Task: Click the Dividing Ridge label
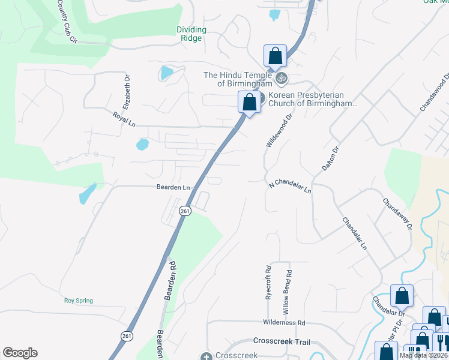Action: (191, 34)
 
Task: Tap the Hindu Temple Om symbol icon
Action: (281, 77)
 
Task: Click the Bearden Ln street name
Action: (174, 187)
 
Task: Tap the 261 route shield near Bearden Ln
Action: (185, 211)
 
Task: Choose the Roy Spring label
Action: (79, 301)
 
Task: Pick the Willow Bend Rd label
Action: (288, 292)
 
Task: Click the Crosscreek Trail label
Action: (281, 340)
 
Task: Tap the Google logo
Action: (20, 353)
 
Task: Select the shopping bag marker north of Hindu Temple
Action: (274, 56)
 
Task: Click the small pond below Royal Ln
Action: (142, 145)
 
